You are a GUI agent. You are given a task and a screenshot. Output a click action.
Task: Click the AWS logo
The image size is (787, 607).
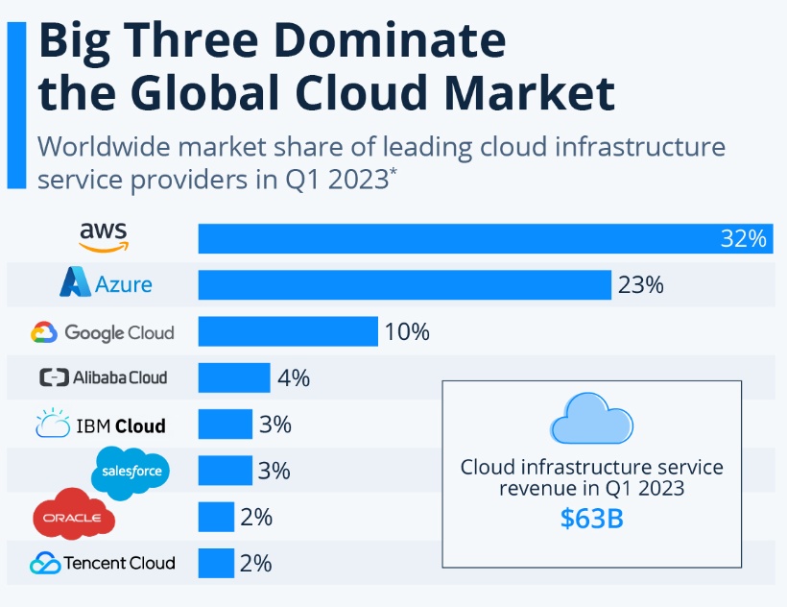(103, 236)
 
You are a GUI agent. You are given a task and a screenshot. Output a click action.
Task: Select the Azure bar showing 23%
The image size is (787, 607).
(404, 284)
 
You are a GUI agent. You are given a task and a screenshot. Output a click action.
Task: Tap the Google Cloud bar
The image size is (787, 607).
(287, 331)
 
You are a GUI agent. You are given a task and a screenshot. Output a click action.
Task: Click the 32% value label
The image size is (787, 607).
(744, 238)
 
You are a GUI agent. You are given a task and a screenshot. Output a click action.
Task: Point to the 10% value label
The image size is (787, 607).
(406, 332)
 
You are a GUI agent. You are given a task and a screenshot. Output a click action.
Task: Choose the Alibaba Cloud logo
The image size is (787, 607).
(103, 377)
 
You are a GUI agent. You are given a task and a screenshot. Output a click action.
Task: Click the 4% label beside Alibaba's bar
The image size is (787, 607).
(293, 378)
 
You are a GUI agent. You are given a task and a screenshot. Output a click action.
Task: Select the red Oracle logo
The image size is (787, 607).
(74, 517)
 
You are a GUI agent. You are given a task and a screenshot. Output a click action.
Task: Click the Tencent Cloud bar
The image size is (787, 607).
(216, 563)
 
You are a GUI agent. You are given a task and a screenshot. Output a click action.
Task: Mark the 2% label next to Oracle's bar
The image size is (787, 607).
(256, 517)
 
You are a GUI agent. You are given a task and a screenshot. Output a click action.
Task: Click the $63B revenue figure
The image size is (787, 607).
(591, 519)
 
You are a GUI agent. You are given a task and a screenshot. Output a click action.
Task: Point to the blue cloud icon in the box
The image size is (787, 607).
(591, 420)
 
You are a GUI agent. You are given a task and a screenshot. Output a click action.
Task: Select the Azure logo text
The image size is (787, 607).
(123, 284)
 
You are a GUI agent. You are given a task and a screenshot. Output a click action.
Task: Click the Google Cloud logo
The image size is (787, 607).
(103, 332)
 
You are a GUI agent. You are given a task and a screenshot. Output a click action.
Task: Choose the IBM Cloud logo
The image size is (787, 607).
(101, 425)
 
